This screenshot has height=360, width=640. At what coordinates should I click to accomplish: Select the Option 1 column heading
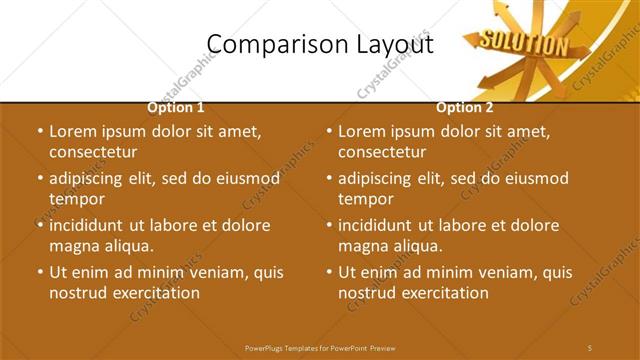click(x=176, y=107)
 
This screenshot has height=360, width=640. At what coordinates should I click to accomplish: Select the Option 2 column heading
click(x=465, y=107)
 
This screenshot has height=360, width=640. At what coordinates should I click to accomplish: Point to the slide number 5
click(x=590, y=347)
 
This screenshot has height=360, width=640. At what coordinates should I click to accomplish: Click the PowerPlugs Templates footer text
click(x=320, y=347)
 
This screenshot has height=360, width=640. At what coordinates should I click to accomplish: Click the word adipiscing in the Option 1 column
click(x=93, y=179)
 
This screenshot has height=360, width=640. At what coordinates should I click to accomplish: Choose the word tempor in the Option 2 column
click(x=365, y=199)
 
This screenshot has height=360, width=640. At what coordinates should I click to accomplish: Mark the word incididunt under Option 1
click(x=93, y=225)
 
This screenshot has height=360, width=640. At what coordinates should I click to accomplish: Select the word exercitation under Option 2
click(x=442, y=293)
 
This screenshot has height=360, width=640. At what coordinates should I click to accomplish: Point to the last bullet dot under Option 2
click(x=329, y=272)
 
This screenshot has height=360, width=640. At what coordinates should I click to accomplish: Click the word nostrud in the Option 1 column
click(x=77, y=293)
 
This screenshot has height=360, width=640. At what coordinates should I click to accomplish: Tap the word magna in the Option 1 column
click(x=74, y=246)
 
